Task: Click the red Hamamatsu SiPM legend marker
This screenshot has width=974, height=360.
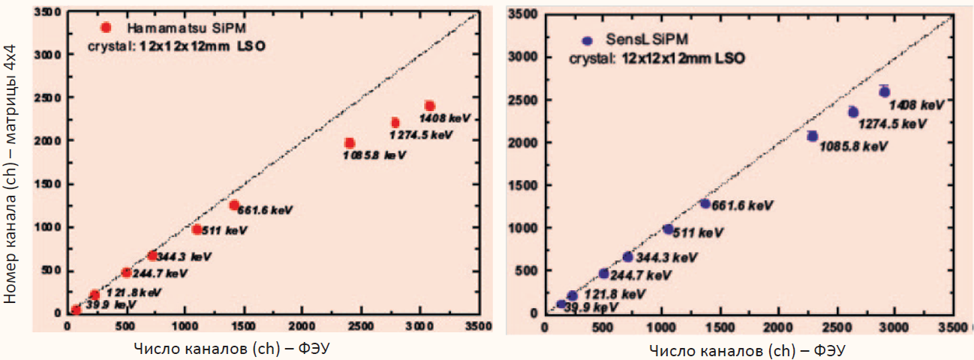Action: (x=106, y=28)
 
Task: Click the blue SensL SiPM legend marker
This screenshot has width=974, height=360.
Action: (x=588, y=40)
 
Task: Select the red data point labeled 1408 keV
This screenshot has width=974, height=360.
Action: (x=429, y=106)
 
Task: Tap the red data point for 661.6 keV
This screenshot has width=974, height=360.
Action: (x=234, y=205)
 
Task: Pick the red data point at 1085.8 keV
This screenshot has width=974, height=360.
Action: (x=350, y=143)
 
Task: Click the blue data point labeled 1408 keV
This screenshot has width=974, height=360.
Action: (x=885, y=91)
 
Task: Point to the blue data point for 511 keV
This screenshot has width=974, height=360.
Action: (x=668, y=229)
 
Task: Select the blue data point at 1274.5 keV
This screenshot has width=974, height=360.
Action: (x=853, y=112)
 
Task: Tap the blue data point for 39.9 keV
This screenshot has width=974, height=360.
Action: (x=561, y=304)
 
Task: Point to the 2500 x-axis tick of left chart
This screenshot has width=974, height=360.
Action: (x=360, y=326)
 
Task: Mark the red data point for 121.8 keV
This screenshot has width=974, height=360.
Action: (x=95, y=295)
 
